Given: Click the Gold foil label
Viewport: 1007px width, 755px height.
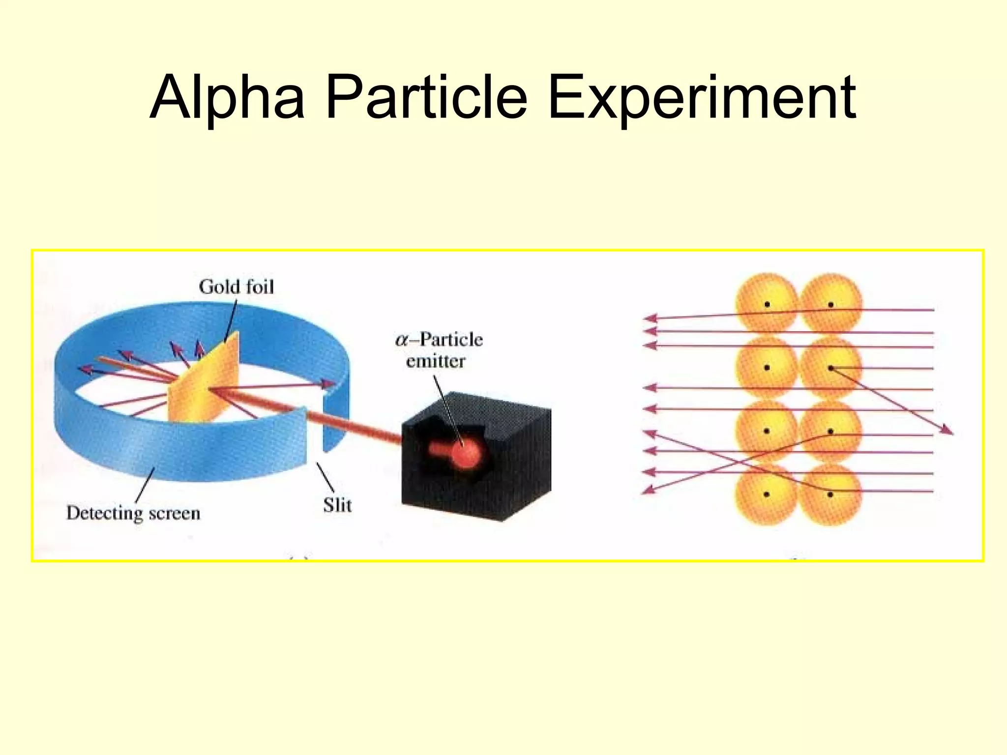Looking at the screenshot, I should click(236, 287).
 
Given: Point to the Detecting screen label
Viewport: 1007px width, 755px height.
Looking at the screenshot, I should click(133, 513).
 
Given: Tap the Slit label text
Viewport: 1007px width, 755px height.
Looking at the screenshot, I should click(337, 505).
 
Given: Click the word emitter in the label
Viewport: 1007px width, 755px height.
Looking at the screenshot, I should click(436, 361).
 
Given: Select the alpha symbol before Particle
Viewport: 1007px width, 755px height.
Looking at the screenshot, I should click(402, 340).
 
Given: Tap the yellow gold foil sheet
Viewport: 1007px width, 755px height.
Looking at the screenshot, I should click(207, 383).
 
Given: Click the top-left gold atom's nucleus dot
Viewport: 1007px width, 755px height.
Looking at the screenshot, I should click(767, 305).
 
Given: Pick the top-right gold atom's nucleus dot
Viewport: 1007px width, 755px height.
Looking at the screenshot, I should click(830, 305).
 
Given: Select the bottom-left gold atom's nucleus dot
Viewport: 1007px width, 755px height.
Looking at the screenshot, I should click(767, 494).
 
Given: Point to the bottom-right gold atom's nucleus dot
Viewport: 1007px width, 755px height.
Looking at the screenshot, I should click(830, 494).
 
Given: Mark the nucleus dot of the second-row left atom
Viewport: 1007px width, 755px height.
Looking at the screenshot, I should click(767, 368).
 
